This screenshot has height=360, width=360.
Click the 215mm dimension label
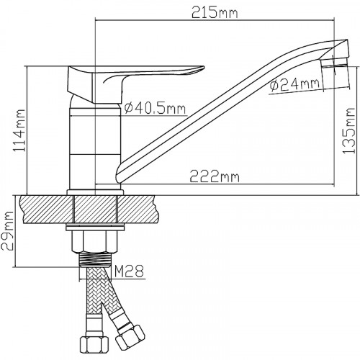click(x=215, y=14)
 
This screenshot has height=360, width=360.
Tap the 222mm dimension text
click(x=215, y=176)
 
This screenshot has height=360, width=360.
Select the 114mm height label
click(x=19, y=130)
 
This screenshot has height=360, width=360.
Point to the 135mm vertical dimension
click(x=348, y=131)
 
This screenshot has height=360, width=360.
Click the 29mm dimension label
click(x=7, y=231)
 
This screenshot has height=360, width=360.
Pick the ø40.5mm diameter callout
click(x=155, y=108)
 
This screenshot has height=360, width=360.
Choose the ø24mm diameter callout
click(x=295, y=84)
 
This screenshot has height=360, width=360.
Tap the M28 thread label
click(x=129, y=271)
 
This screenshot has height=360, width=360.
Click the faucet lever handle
click(x=135, y=81)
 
